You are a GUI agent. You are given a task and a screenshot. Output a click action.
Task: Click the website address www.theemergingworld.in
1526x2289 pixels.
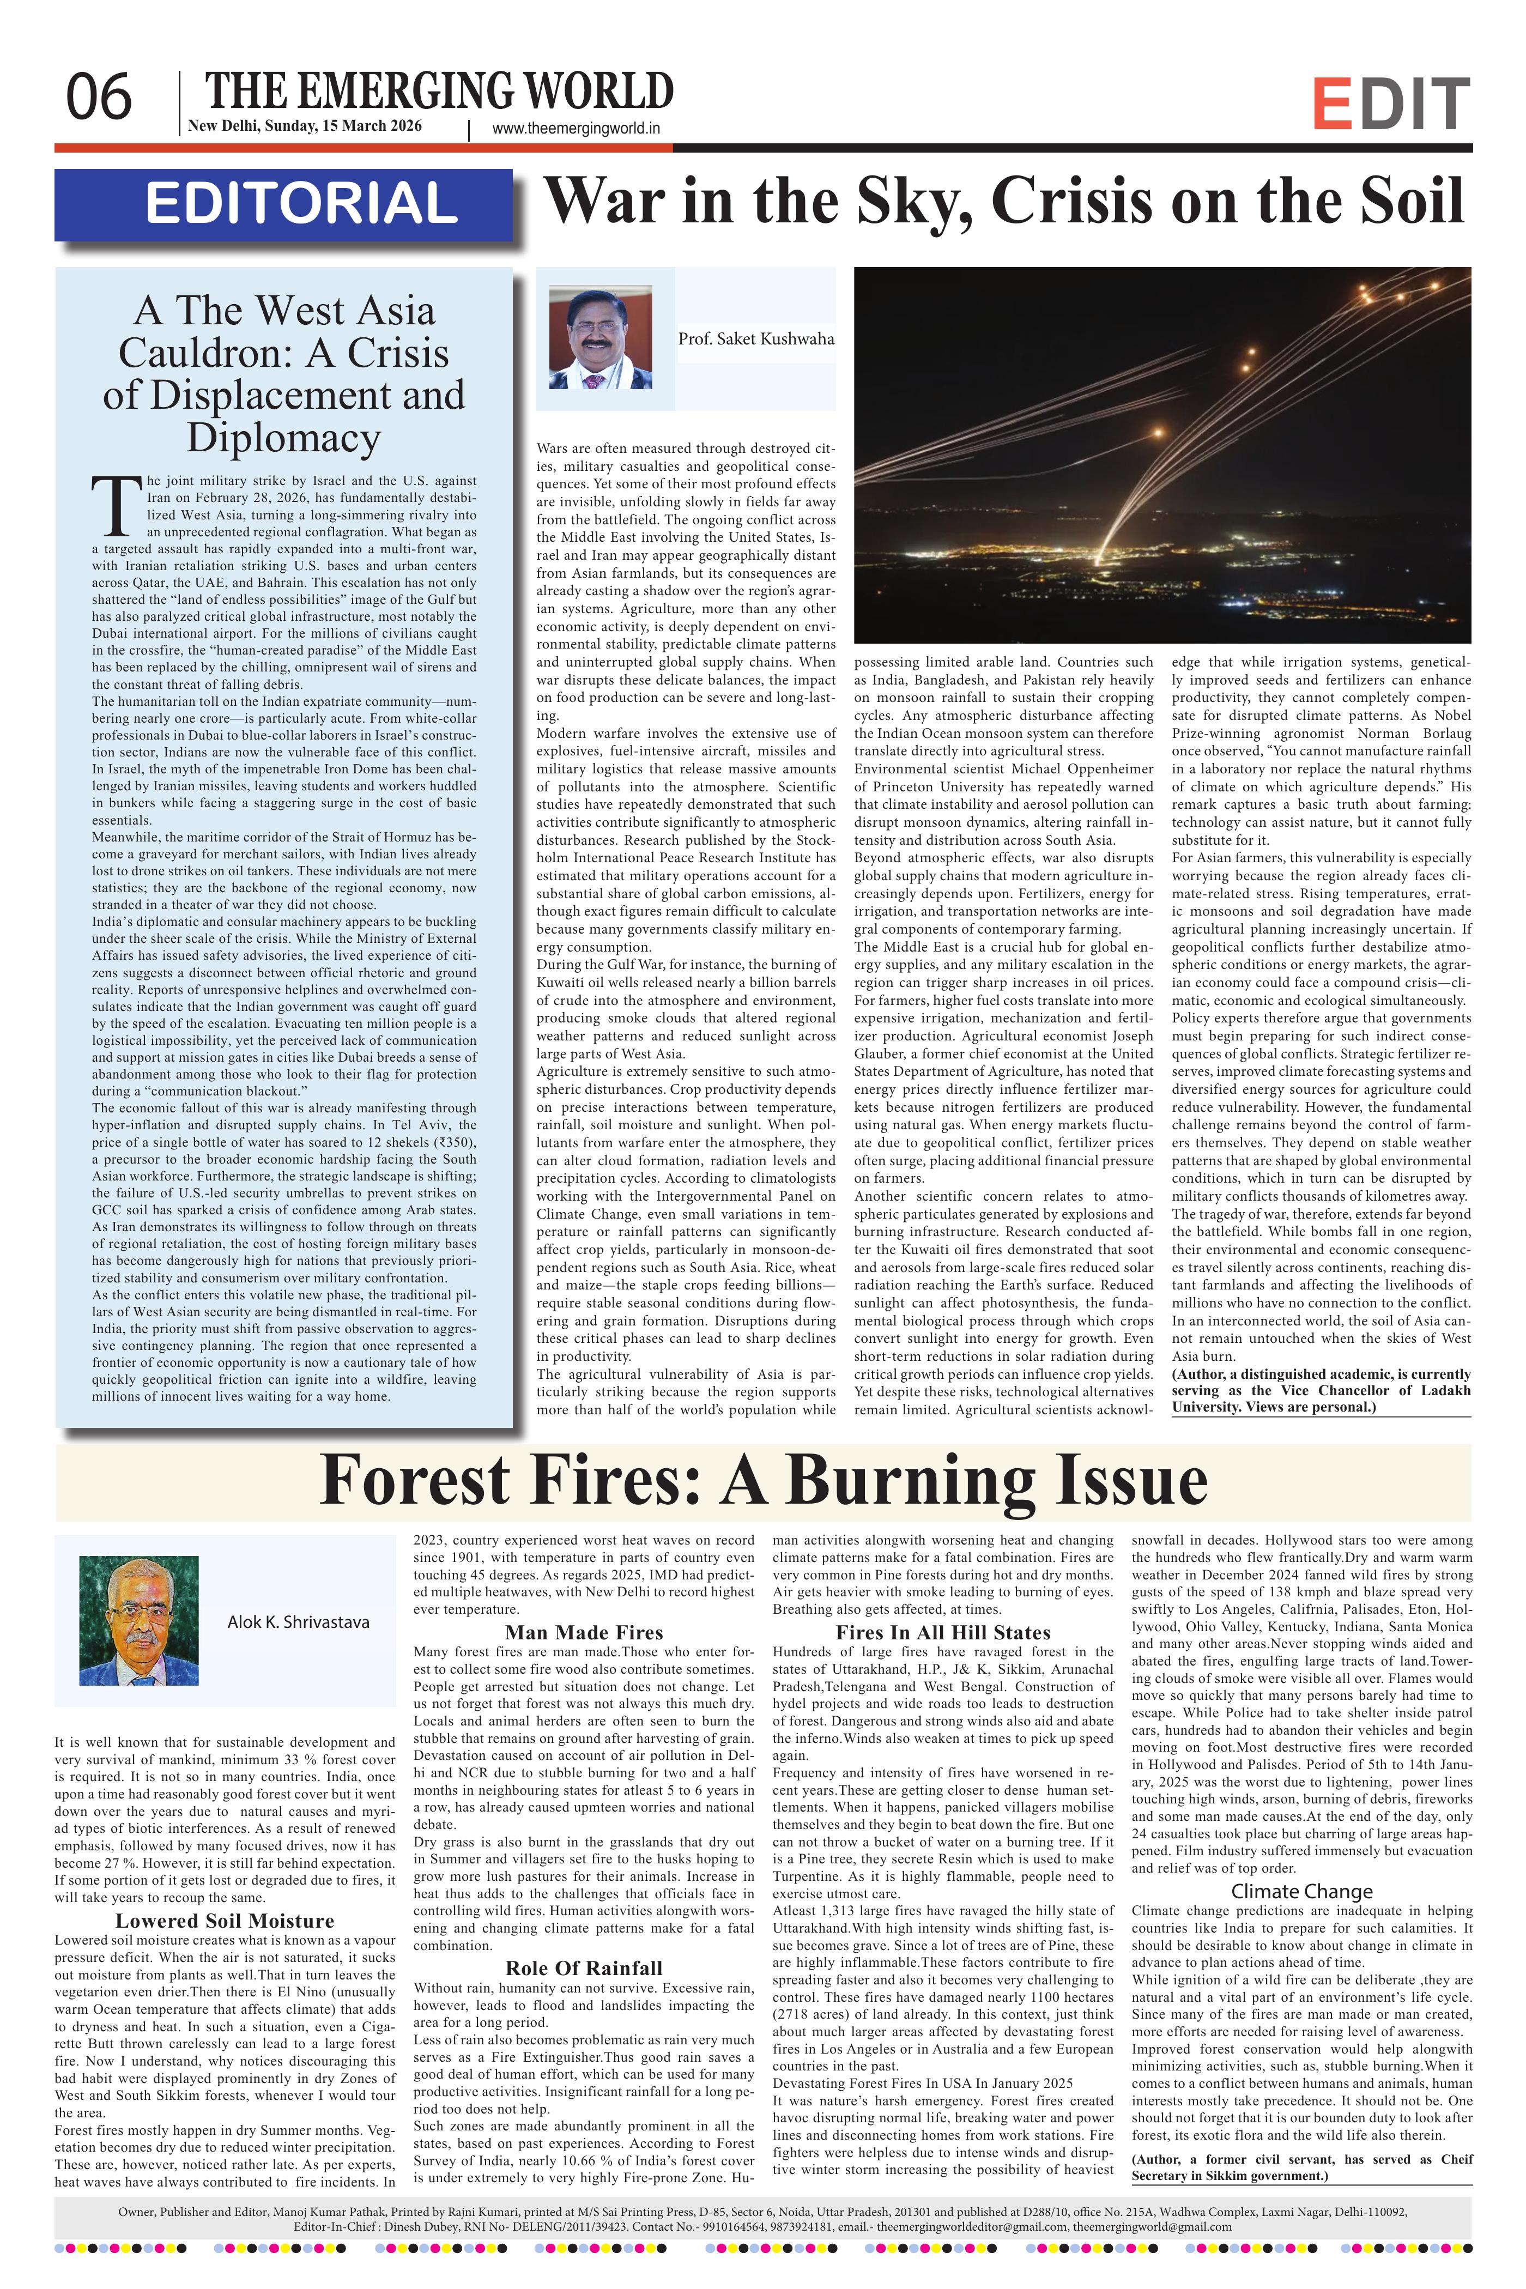(x=576, y=128)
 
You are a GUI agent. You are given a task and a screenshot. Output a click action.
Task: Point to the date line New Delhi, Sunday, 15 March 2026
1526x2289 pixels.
(x=305, y=125)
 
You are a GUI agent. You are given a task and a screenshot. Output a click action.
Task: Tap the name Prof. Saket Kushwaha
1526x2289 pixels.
(x=756, y=338)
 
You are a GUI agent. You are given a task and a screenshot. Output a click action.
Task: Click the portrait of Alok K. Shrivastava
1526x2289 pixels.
(x=138, y=1620)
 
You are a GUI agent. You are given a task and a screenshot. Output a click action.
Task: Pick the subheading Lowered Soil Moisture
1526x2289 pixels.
(x=224, y=1920)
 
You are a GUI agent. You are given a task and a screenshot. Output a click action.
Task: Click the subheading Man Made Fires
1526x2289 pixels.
(x=584, y=1632)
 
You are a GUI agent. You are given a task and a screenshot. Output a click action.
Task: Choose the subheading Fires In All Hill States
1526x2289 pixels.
(x=943, y=1632)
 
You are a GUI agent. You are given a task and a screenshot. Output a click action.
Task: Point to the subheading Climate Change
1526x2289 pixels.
(x=1301, y=1891)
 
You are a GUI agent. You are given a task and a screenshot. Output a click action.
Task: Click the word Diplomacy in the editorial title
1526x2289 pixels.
(x=283, y=437)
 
